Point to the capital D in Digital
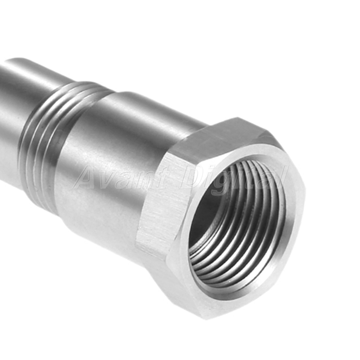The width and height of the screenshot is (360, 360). (193, 178)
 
